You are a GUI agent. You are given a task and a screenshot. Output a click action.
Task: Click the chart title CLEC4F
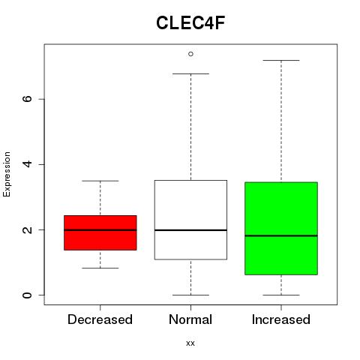(190, 23)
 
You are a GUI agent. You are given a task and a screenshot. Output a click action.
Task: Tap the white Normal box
(190, 220)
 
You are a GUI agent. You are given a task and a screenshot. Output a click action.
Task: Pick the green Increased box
(281, 229)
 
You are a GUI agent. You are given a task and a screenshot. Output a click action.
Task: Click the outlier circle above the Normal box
(190, 54)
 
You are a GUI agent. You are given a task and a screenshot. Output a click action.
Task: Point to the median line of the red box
(100, 230)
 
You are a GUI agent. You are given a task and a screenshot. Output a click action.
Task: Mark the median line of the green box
(281, 235)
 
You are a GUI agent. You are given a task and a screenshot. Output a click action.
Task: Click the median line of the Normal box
(190, 230)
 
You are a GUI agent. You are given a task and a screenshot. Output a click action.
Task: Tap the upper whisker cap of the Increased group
(281, 60)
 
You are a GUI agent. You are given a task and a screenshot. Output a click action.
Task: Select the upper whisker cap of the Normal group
(190, 73)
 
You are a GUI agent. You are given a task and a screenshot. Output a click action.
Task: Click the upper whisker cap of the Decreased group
(100, 181)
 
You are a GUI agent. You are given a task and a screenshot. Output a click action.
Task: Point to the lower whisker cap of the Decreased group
(100, 268)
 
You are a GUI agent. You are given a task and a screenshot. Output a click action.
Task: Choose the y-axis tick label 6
(27, 99)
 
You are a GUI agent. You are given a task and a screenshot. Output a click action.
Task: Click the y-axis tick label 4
(27, 164)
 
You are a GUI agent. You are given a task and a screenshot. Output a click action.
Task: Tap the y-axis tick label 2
(27, 229)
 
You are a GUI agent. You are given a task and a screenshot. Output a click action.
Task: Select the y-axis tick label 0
(27, 295)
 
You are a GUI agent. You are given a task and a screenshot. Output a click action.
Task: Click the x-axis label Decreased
(100, 319)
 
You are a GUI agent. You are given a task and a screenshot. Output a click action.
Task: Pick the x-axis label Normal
(190, 319)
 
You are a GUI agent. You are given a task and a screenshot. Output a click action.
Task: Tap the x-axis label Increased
(281, 319)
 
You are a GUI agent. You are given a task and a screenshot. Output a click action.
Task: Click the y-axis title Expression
(7, 174)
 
